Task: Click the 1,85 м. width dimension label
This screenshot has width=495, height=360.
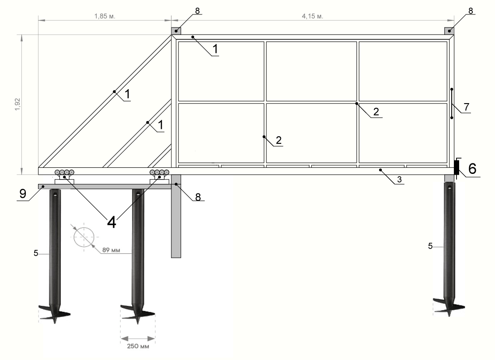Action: pos(105,16)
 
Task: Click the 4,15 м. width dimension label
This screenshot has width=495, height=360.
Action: pos(313,16)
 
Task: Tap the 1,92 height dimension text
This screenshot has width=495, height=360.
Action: pos(17,104)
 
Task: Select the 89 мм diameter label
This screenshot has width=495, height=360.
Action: pos(111,250)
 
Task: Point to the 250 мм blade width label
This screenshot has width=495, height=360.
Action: pos(138,346)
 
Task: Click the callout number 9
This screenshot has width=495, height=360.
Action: pos(23,194)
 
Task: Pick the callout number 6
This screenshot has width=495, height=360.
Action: pos(472,169)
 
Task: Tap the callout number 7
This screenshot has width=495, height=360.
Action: pos(467,107)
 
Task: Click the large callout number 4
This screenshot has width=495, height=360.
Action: pos(112,223)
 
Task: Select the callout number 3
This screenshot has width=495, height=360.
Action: pos(399,180)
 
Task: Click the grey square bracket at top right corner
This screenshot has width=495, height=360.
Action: pos(449,31)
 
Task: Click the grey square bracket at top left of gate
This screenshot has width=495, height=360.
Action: pos(176,31)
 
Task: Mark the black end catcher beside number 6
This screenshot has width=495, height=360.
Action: pos(457,167)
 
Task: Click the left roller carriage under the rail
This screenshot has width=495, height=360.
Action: pos(64,177)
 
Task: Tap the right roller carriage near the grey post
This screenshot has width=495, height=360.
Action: pos(160,177)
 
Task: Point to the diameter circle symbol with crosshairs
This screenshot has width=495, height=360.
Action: pos(84,237)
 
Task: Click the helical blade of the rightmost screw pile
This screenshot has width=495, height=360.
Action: pos(449,307)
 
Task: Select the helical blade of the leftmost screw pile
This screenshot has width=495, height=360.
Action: pos(54,314)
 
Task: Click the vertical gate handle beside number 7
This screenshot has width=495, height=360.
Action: pos(452,104)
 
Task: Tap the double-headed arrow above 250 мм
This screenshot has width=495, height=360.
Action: pos(138,339)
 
